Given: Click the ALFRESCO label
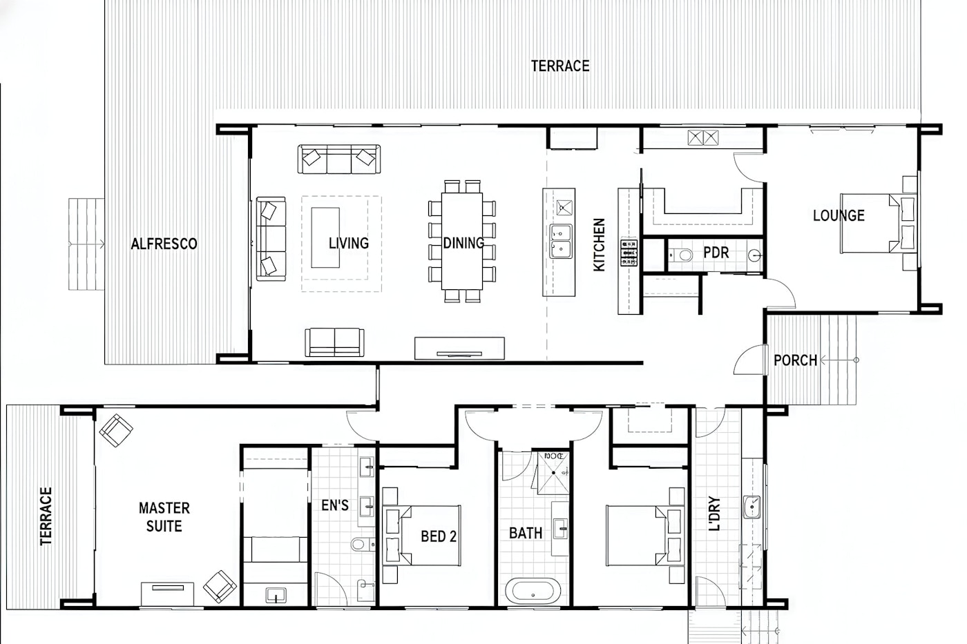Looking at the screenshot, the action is (164, 244).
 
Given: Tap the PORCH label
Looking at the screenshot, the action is (795, 360).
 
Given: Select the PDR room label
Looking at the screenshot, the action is (716, 253).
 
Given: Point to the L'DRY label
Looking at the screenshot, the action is (714, 514).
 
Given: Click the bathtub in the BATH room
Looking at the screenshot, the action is (533, 592).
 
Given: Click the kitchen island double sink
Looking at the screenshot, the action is (560, 241).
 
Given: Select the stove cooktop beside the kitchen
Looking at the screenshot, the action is (629, 253).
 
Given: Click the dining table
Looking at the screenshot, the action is (462, 241).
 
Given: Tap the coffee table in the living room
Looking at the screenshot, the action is (325, 237).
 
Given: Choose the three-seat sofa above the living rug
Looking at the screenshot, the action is (339, 159).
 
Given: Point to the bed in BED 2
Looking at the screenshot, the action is (422, 536).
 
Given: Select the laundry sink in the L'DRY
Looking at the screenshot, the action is (752, 507).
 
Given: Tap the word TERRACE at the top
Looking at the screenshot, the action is (560, 66).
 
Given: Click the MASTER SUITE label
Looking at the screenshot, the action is (164, 517).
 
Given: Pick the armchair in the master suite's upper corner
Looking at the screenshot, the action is (116, 431).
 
